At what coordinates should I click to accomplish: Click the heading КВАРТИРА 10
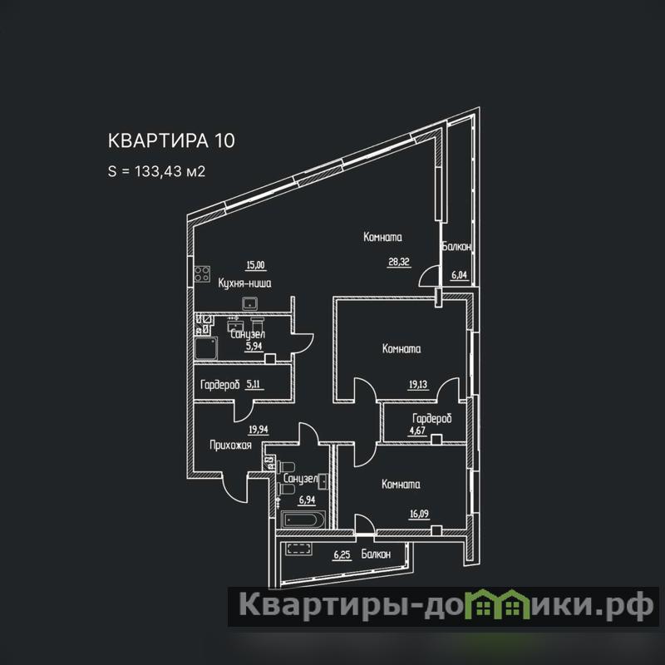coord(171,140)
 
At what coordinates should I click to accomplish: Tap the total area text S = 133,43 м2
coord(156,172)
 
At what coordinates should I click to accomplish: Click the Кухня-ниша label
coord(244,283)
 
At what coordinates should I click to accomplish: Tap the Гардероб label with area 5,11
coord(220,385)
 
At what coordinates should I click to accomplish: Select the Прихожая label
coord(219,446)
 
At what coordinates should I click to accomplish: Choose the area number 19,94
coord(259,430)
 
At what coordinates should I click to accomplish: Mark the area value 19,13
coord(417,384)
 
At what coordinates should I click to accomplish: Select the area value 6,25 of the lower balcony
coord(342,554)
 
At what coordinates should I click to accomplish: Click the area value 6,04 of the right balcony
coord(459,276)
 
